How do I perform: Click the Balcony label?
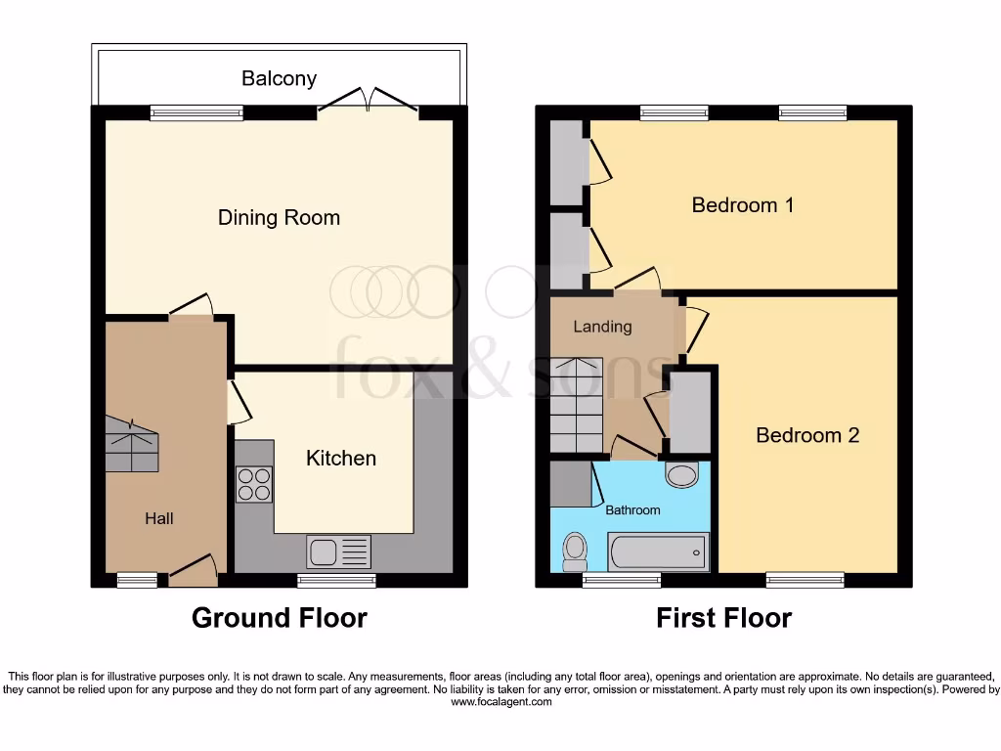pos(279,78)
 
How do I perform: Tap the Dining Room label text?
pos(279,217)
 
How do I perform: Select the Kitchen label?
pos(340,458)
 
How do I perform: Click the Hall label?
pos(159,518)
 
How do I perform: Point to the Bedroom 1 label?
pos(742,205)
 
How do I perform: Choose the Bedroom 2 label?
pos(807,435)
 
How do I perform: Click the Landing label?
pos(602,327)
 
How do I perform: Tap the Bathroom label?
pos(632,509)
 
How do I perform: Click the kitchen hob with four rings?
pos(254,484)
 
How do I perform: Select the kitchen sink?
pos(338,552)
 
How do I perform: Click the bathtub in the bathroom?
pos(657,552)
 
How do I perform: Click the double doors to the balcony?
pos(368,102)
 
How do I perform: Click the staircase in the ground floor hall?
pos(131,442)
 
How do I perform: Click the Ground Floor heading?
pos(279,618)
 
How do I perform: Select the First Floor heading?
pos(723,618)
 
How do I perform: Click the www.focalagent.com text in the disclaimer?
pos(500,702)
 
